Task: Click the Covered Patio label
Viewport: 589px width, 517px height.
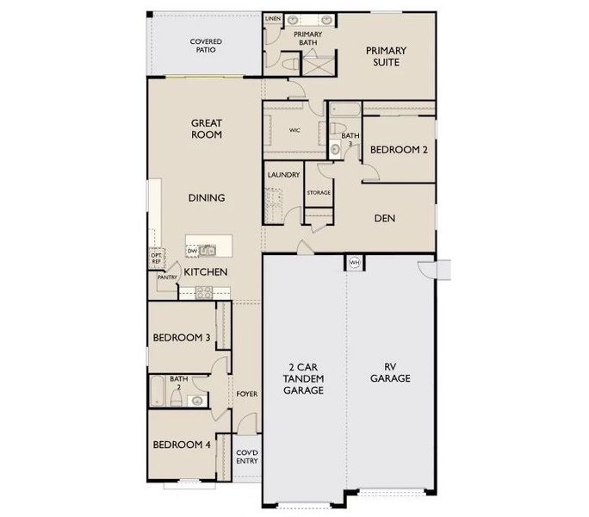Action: click(x=206, y=46)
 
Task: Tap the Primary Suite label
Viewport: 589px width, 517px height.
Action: click(x=386, y=56)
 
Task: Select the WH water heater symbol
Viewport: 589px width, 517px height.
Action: click(x=355, y=262)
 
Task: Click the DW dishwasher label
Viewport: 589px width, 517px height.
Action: click(x=192, y=251)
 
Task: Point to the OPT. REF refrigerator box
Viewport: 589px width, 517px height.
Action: click(x=156, y=258)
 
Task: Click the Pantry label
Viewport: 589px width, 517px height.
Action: click(x=167, y=277)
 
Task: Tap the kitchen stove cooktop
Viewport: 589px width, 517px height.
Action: click(x=204, y=292)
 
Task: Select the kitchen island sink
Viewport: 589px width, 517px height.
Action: click(x=207, y=250)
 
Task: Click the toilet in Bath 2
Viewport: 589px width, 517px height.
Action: click(x=177, y=398)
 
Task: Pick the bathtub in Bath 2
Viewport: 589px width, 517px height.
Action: click(x=157, y=391)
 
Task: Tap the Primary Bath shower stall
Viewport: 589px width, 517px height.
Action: click(x=319, y=65)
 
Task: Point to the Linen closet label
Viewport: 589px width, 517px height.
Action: click(x=273, y=18)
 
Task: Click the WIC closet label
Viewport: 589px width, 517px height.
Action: click(x=294, y=130)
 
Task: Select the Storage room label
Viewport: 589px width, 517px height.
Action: click(x=319, y=192)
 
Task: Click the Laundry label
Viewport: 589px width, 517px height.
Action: click(x=283, y=175)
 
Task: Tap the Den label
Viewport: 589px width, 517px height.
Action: click(x=385, y=218)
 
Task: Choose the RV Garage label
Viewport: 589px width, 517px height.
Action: click(x=390, y=372)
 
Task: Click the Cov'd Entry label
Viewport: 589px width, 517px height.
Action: click(x=247, y=457)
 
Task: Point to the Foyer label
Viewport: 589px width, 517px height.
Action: click(x=247, y=394)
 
